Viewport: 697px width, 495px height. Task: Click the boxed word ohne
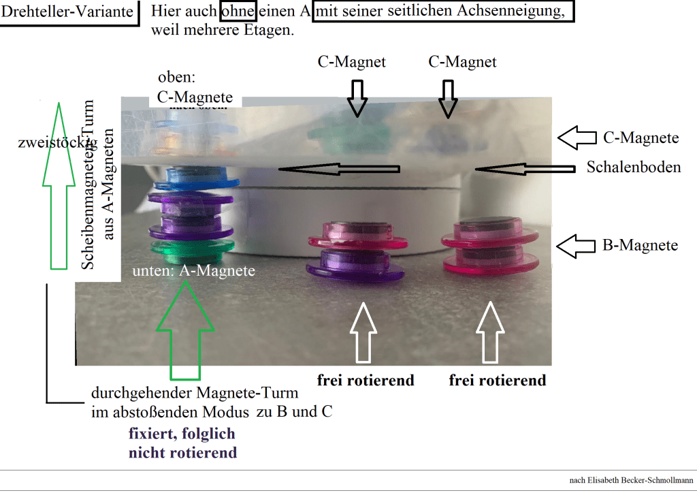238,12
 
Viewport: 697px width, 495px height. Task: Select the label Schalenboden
634,167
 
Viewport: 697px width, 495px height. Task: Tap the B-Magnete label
641,245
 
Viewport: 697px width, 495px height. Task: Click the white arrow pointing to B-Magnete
576,244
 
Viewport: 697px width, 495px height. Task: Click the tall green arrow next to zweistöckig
59,185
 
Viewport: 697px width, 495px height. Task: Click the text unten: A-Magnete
194,271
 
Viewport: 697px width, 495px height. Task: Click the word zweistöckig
57,142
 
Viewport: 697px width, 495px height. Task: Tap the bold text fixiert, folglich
182,434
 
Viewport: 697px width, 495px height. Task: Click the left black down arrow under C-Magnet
357,98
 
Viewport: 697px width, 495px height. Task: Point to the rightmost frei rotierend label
497,381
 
